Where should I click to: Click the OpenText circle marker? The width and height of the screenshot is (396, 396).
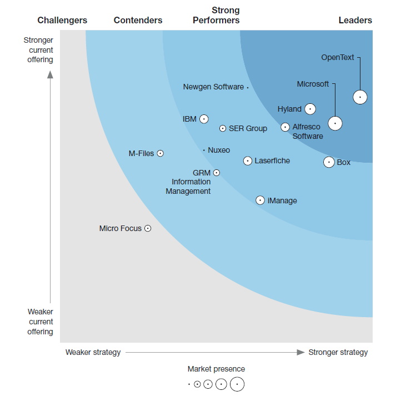pyautogui.click(x=360, y=97)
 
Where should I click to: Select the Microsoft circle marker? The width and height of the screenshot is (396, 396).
pyautogui.click(x=335, y=123)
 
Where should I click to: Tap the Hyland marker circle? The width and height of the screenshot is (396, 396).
pyautogui.click(x=310, y=109)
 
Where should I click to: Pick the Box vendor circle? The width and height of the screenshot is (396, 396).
pyautogui.click(x=329, y=162)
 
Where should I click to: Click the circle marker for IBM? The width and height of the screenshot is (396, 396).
pyautogui.click(x=204, y=119)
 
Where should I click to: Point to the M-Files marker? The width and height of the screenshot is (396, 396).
pyautogui.click(x=160, y=153)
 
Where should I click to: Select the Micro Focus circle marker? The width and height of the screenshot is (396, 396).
pyautogui.click(x=148, y=228)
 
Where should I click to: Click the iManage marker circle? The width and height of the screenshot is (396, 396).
pyautogui.click(x=260, y=200)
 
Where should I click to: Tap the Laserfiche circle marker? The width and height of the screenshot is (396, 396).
pyautogui.click(x=248, y=161)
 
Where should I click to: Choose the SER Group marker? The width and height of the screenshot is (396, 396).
pyautogui.click(x=223, y=128)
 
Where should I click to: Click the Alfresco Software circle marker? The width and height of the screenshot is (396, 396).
pyautogui.click(x=285, y=127)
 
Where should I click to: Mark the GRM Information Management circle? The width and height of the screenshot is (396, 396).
pyautogui.click(x=217, y=173)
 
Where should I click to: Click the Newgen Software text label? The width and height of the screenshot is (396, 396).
pyautogui.click(x=213, y=87)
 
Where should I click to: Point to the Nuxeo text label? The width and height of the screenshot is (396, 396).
pyautogui.click(x=219, y=150)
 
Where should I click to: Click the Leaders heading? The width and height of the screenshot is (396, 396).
pyautogui.click(x=355, y=21)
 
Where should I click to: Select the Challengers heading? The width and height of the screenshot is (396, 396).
pyautogui.click(x=62, y=21)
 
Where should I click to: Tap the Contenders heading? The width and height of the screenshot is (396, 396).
pyautogui.click(x=138, y=21)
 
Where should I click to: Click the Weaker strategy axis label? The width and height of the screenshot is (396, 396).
pyautogui.click(x=93, y=352)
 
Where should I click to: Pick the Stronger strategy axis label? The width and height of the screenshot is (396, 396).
pyautogui.click(x=338, y=352)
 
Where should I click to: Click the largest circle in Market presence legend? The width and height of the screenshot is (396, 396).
pyautogui.click(x=237, y=384)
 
